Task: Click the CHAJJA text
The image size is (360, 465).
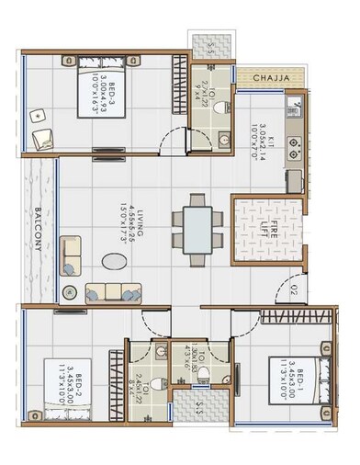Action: [272, 79]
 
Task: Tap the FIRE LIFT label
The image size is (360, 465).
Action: [262, 226]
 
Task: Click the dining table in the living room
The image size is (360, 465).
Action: [198, 226]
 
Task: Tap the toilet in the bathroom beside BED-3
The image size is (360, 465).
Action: [218, 108]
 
